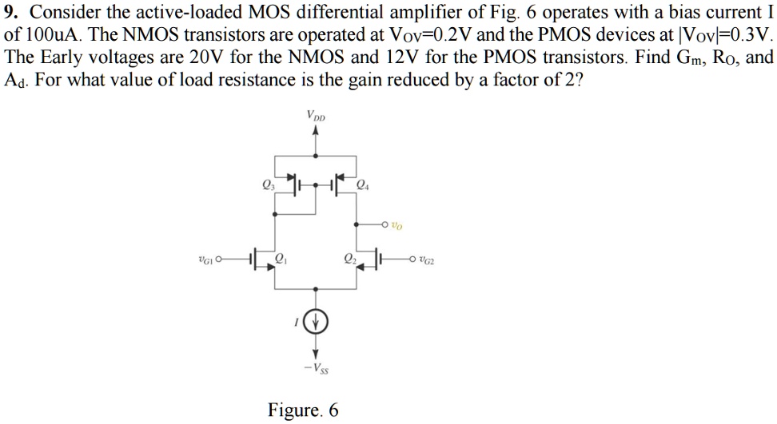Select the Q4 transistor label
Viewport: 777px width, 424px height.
(x=362, y=187)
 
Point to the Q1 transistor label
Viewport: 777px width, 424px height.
(x=281, y=256)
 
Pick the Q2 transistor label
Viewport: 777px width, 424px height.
(x=349, y=256)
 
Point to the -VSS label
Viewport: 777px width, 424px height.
(x=317, y=367)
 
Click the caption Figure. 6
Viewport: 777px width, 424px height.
(x=303, y=410)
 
